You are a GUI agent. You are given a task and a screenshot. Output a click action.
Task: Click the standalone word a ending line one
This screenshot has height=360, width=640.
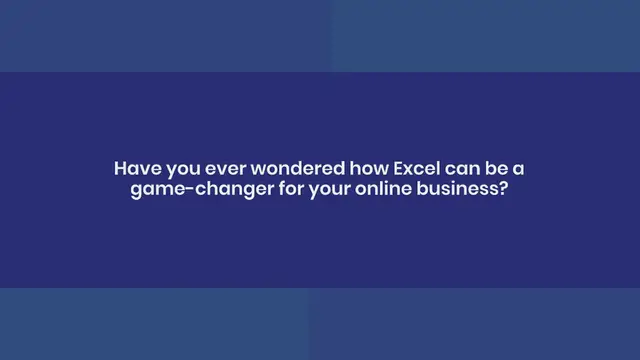[516, 170]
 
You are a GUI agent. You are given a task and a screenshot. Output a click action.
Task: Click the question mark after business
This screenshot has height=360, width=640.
[503, 189]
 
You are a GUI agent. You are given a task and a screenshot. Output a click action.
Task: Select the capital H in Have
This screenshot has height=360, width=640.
[121, 169]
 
